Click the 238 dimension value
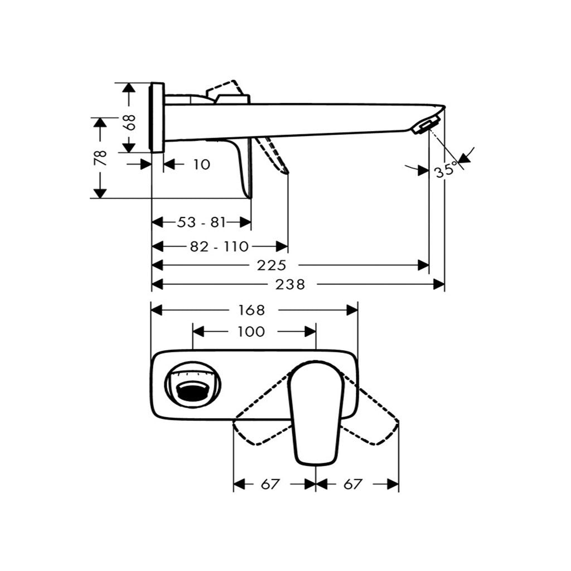290,284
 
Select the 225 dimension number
272,265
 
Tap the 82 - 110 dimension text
220,246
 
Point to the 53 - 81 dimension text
202,222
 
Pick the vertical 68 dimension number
129,122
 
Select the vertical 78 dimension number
101,158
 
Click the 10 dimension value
201,164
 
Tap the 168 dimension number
251,310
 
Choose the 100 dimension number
251,332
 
